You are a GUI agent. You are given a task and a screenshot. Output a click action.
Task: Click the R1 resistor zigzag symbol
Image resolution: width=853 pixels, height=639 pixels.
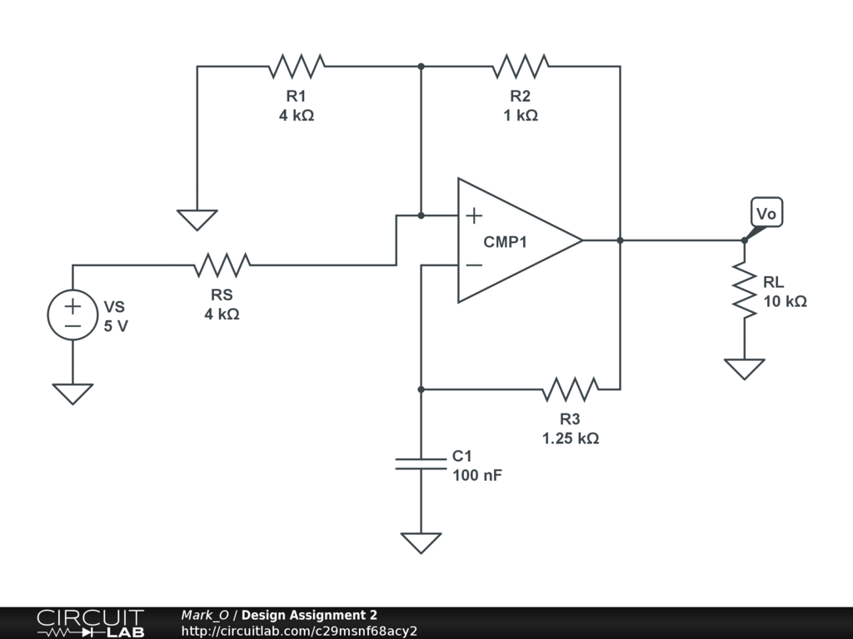click(x=297, y=66)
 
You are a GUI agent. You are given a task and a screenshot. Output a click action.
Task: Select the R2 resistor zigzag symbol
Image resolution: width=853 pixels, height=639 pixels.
click(x=521, y=66)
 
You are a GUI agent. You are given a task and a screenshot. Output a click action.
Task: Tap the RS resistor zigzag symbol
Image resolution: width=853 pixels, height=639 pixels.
click(x=222, y=265)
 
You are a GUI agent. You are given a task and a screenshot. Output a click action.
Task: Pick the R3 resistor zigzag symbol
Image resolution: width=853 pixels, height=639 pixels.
click(x=571, y=389)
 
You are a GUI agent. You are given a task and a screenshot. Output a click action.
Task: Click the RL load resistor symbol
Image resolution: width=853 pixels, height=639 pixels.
click(x=744, y=288)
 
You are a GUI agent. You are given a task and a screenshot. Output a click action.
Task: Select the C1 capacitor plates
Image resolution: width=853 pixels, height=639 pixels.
click(x=421, y=463)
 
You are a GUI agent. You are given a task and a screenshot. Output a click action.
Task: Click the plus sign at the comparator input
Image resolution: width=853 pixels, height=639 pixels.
click(x=473, y=216)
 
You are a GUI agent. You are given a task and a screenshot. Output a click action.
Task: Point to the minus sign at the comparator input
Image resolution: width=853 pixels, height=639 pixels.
click(x=473, y=265)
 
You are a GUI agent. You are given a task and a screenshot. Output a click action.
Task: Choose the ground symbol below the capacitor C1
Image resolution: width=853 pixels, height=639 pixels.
click(x=421, y=542)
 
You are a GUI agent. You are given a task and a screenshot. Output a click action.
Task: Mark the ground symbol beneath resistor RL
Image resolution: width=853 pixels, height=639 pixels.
click(x=744, y=368)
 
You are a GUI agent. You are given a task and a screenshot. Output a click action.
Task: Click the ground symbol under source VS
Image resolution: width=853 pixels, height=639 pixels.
click(x=72, y=393)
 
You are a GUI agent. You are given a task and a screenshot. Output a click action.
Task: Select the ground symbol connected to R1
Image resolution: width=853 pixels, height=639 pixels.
click(x=197, y=219)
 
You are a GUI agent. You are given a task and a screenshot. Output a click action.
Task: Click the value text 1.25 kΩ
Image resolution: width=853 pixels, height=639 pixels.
click(x=571, y=438)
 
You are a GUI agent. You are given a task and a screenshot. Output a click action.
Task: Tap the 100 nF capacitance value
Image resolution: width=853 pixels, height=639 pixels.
click(x=477, y=476)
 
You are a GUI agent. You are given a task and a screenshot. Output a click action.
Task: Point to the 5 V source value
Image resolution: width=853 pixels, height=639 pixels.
click(x=116, y=326)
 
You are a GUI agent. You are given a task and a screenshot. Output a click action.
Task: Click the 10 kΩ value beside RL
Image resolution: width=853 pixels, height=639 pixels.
click(x=785, y=301)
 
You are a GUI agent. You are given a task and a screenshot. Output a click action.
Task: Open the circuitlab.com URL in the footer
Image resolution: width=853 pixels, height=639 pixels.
click(x=299, y=631)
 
